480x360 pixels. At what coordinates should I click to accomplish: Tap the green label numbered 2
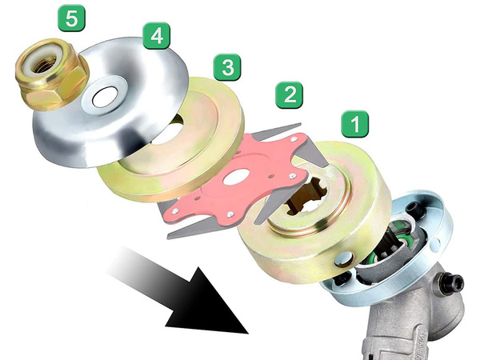(x=289, y=96)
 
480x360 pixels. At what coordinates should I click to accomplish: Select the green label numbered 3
(x=228, y=67)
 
